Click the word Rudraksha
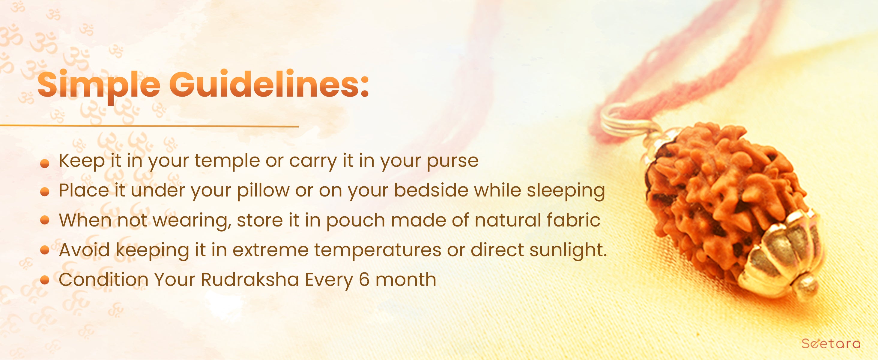250,280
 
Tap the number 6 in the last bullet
364,280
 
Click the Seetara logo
830,343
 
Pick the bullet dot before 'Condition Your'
45,280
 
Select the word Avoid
85,250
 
